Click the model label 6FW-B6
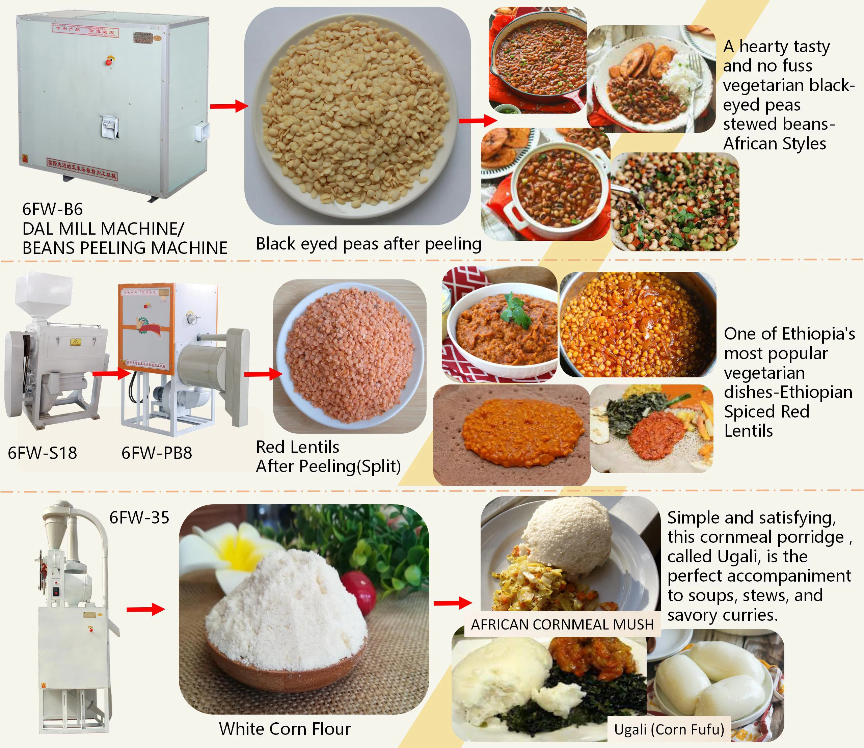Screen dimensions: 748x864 pos(52,209)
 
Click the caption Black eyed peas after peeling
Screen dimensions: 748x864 pos(369,244)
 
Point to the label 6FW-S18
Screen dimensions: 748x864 pos(42,453)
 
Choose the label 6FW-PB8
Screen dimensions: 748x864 pos(157,453)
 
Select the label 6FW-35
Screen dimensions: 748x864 pos(139,517)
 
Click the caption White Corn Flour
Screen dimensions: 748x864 pos(285,729)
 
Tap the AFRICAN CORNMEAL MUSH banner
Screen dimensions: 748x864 pos(562,624)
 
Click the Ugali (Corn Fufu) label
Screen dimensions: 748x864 pos(669,729)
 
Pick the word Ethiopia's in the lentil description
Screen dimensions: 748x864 pos(818,334)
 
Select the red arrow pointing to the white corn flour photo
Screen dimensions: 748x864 pos(145,609)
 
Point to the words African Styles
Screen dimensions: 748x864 pos(774,143)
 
